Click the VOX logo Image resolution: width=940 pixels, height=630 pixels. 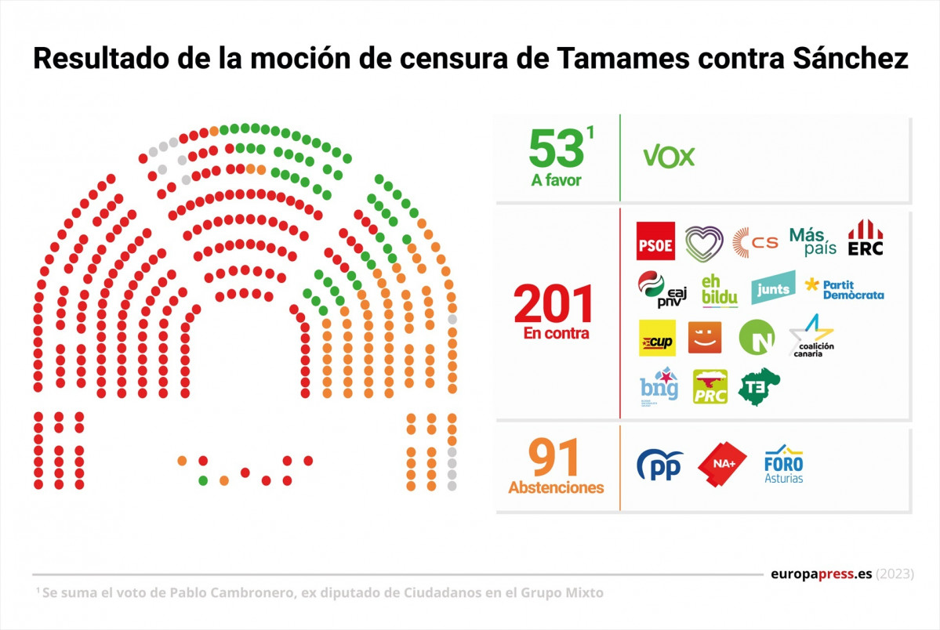(x=669, y=157)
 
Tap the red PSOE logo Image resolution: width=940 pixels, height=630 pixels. (x=655, y=241)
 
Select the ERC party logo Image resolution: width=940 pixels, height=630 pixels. (x=866, y=239)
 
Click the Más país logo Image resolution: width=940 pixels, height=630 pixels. (x=812, y=241)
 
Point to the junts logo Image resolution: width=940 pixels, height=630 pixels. (x=772, y=288)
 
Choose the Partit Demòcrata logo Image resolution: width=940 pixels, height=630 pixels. (x=844, y=289)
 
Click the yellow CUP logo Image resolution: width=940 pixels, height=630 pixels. (x=657, y=338)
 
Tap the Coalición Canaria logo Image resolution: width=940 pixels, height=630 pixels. (x=811, y=337)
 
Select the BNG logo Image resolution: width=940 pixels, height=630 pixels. (x=658, y=386)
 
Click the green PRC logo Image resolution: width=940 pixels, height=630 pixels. (x=710, y=386)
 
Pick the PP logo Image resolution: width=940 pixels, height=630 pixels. (x=659, y=465)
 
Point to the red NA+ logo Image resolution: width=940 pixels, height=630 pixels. (x=721, y=465)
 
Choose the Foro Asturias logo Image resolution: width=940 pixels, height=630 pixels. (x=784, y=465)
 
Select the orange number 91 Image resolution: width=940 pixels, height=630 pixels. (x=554, y=458)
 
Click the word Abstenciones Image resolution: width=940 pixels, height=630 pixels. (x=556, y=487)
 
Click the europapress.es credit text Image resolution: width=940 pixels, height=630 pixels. (x=821, y=574)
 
